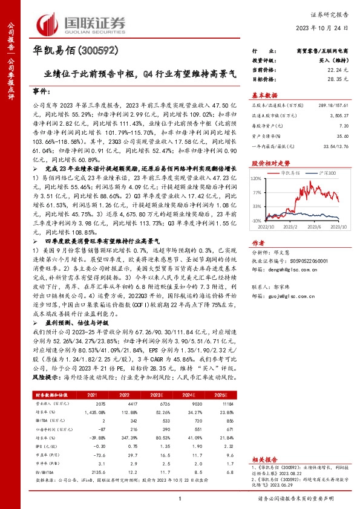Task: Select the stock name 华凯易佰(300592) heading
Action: (71, 50)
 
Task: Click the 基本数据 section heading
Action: (264, 95)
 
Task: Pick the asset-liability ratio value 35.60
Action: (342, 137)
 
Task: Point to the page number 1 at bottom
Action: (180, 498)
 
